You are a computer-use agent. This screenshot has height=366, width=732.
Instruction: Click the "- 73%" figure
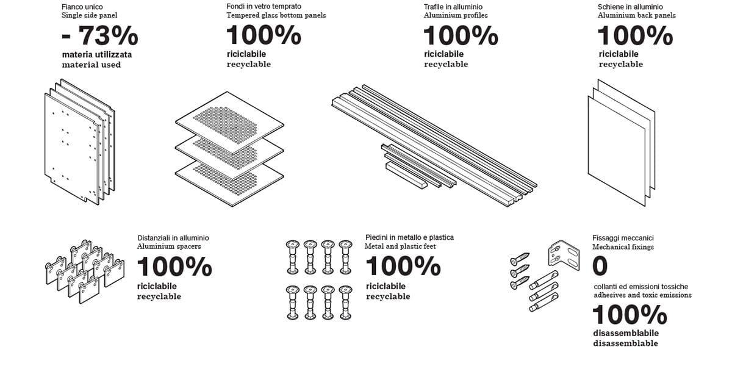pos(100,35)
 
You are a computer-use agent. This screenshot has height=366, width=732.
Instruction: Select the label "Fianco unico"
pos(82,7)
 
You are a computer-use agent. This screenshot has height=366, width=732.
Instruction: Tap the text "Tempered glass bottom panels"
pos(276,15)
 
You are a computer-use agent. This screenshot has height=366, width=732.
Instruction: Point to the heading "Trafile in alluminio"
pos(453,7)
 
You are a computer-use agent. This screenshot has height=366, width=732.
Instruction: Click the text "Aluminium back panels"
pos(637,15)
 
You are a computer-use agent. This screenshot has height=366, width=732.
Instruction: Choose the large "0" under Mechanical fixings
pos(600,266)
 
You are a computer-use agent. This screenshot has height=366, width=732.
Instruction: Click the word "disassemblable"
pos(625,343)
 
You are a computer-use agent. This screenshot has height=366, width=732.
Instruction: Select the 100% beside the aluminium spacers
pos(174,267)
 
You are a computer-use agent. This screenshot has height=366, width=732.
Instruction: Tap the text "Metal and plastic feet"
pos(400,246)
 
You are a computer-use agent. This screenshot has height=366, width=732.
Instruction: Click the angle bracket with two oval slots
pos(564,256)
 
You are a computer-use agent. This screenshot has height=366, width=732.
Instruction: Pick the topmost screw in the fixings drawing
pos(520,258)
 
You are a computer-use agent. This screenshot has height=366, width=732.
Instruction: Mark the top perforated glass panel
pos(229,123)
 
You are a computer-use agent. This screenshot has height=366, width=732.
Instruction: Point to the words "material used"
pos(91,65)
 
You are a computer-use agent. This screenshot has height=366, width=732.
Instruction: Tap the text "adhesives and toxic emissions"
pos(642,295)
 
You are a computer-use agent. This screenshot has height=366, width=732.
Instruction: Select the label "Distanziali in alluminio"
pos(173,238)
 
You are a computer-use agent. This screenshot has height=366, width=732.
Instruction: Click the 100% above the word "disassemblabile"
pos(630,315)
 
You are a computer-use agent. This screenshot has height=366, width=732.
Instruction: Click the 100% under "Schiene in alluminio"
pos(635,35)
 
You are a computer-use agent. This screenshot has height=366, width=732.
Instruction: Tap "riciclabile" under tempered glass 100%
pos(246,54)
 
